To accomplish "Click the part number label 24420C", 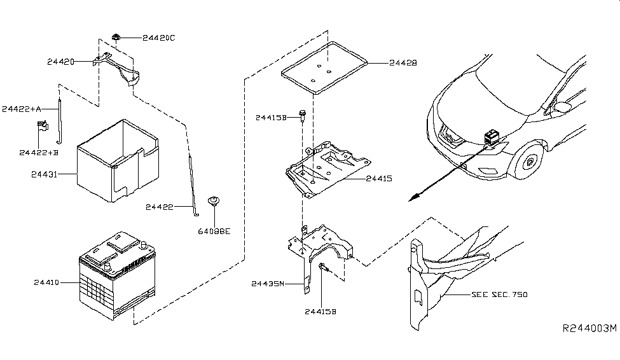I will pyautogui.click(x=158, y=38).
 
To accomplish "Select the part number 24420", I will pyautogui.click(x=61, y=62).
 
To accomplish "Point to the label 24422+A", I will pyautogui.click(x=21, y=109).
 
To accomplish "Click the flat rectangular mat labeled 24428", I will pyautogui.click(x=324, y=67).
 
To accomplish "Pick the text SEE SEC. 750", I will pyautogui.click(x=499, y=294).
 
